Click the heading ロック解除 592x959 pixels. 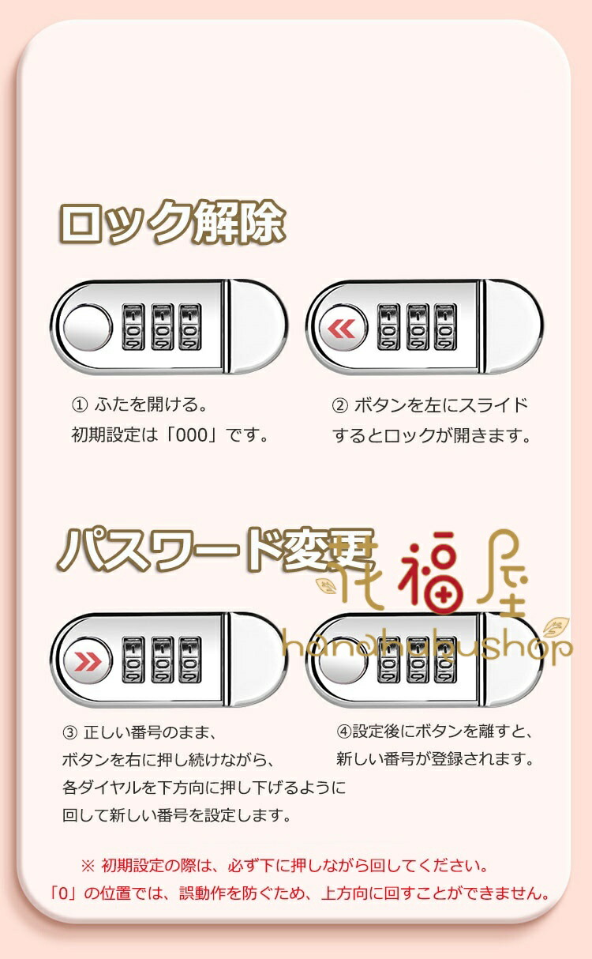pyautogui.click(x=171, y=223)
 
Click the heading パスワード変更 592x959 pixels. pyautogui.click(x=214, y=550)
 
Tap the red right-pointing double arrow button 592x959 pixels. pyautogui.click(x=88, y=661)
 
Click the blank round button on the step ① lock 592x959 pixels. pyautogui.click(x=88, y=329)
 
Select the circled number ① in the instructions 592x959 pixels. pyautogui.click(x=79, y=404)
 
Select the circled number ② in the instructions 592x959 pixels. pyautogui.click(x=339, y=405)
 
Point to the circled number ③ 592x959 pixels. pyautogui.click(x=69, y=733)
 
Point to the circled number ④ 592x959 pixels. pyautogui.click(x=344, y=731)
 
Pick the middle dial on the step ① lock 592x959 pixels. pyautogui.click(x=162, y=328)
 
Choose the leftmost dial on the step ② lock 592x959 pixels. pyautogui.click(x=389, y=328)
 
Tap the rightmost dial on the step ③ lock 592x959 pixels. pyautogui.click(x=190, y=660)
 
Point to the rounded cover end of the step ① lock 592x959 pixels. pyautogui.click(x=257, y=328)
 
